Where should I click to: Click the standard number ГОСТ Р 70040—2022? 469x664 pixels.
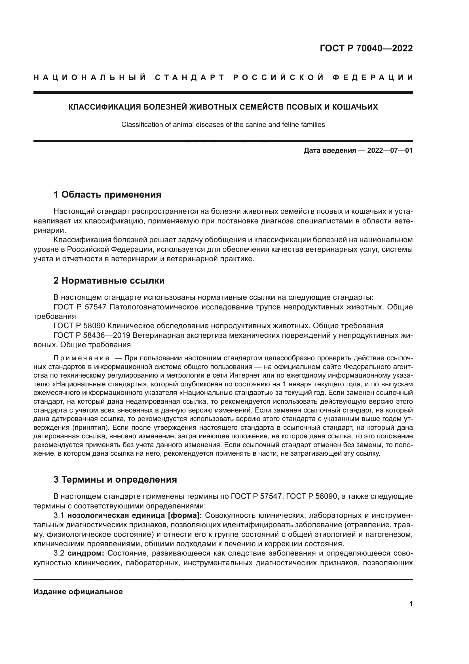pos(366,48)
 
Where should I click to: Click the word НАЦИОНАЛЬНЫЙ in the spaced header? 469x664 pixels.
pos(90,77)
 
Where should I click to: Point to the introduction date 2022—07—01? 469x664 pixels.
pos(390,151)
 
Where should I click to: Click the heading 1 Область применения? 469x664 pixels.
pos(107,195)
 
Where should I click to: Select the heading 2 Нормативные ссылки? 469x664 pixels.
pos(109,280)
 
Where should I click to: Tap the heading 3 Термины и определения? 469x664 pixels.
pos(115,479)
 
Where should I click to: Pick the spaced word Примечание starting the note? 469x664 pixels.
pos(81,358)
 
